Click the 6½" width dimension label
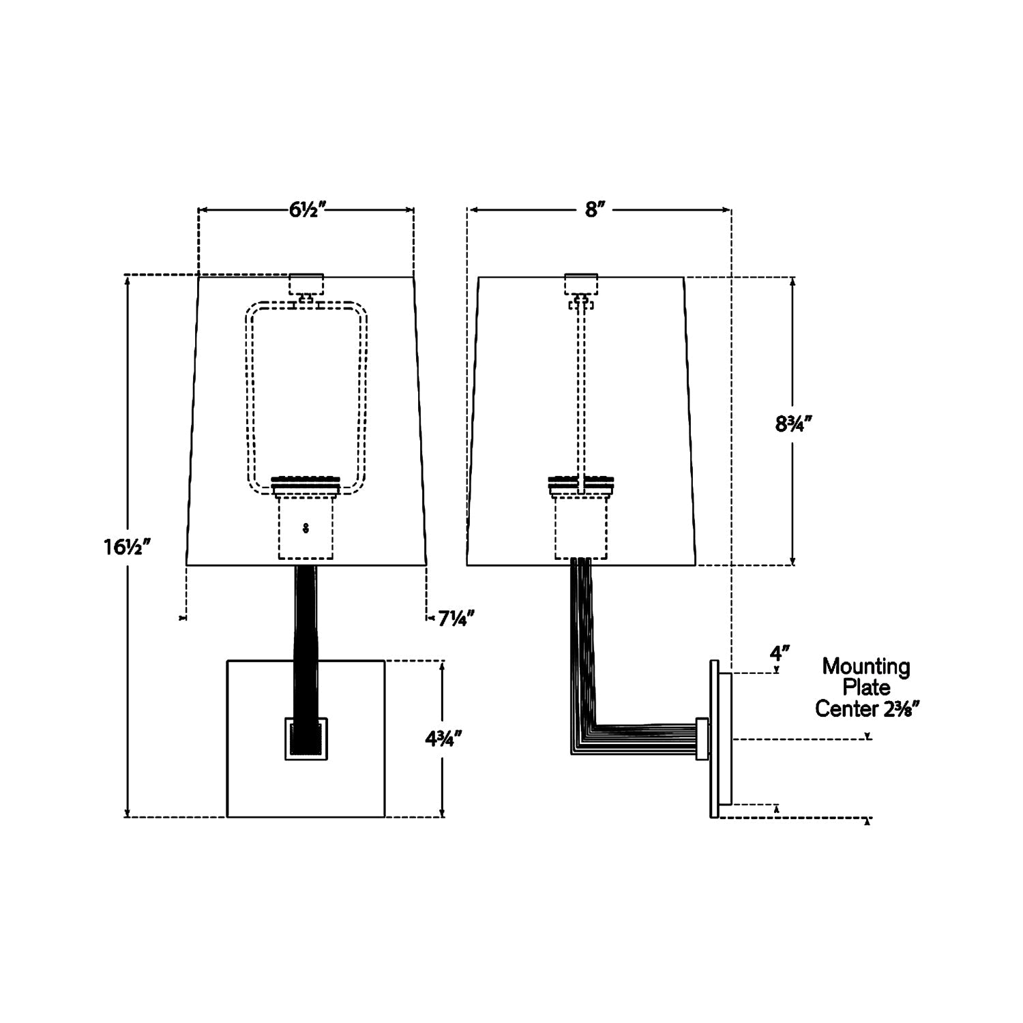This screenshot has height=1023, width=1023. (x=304, y=209)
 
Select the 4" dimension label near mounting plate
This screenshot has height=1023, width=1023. (x=780, y=653)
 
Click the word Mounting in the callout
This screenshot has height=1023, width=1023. (x=865, y=666)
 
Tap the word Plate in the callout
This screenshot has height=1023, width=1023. (x=865, y=687)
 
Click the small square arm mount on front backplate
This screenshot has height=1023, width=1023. (x=306, y=739)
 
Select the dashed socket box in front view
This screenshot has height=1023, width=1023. (x=306, y=527)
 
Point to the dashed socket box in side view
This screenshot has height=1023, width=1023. (x=581, y=527)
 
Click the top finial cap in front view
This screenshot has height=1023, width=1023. (x=306, y=283)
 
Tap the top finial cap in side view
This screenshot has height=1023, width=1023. (x=581, y=283)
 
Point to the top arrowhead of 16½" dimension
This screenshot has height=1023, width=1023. (x=127, y=280)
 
